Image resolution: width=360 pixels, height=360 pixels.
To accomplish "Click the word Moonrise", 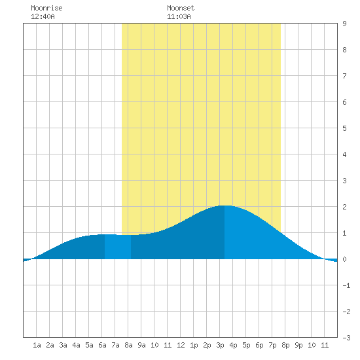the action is (x=46, y=9).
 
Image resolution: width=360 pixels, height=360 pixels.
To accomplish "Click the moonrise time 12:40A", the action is (x=43, y=16).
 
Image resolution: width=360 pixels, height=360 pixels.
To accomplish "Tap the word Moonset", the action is (x=181, y=9).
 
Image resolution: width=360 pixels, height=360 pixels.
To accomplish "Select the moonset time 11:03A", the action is (x=179, y=16).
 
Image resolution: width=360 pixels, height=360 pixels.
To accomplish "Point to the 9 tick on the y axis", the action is (x=344, y=24).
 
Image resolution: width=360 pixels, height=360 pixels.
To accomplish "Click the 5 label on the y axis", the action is (x=344, y=128).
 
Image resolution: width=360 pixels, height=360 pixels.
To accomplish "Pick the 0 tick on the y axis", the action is (x=344, y=259).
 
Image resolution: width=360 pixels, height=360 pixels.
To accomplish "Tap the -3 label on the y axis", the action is (x=346, y=338).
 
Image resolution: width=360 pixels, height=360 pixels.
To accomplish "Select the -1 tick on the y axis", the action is (x=346, y=285).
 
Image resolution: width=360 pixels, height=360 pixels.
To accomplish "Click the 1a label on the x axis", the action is (x=37, y=345).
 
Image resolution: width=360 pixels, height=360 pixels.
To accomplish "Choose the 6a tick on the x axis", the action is (x=102, y=345).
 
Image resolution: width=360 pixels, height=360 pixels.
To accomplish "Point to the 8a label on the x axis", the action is (x=128, y=345).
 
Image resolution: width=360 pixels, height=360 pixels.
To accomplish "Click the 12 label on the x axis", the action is (x=181, y=345).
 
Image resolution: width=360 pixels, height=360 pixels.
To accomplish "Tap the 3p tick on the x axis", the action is (x=220, y=345).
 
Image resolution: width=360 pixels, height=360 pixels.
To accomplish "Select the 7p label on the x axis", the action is (x=272, y=345).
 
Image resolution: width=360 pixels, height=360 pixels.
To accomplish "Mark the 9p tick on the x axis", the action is (x=298, y=345).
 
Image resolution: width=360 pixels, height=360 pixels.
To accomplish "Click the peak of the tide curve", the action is (x=225, y=206).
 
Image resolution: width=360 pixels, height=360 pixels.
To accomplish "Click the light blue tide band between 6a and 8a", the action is (x=118, y=247).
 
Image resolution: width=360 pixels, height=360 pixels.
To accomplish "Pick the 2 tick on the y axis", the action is (x=344, y=207).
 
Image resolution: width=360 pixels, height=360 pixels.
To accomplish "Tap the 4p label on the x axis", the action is (x=233, y=345).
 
